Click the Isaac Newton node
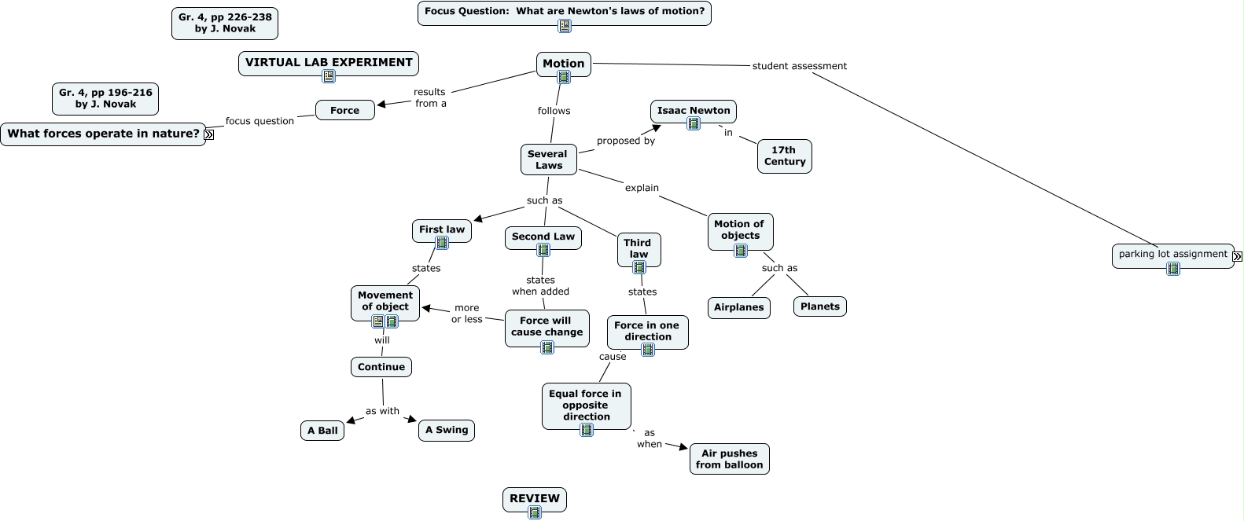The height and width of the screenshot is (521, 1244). pos(693,111)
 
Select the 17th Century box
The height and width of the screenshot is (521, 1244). pos(784,156)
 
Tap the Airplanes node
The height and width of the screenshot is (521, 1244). pos(738,307)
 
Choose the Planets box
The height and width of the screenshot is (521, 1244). pos(819,306)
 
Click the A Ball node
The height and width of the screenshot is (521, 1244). pos(322,431)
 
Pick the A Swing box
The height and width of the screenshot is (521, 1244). pos(447,430)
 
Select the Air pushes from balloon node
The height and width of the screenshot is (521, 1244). pos(729,459)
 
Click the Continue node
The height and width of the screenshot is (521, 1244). pos(381,367)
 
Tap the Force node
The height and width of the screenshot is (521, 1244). pos(344,111)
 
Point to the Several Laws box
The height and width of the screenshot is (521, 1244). pos(548,160)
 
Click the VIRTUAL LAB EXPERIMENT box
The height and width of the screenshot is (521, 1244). pos(329,63)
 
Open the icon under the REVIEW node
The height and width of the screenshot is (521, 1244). pos(535,512)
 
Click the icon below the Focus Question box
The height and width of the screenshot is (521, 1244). pos(565,26)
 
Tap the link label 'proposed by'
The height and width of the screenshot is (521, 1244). pos(626,141)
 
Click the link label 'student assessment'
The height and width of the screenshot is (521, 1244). pos(799,66)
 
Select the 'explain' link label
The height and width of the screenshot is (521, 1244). pos(642,188)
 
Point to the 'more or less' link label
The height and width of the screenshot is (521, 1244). pos(467,314)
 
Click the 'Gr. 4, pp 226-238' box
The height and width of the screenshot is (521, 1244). pos(225,23)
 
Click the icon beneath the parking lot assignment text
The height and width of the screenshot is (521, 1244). pos(1173,269)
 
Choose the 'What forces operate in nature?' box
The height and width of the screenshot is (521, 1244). pos(103,134)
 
